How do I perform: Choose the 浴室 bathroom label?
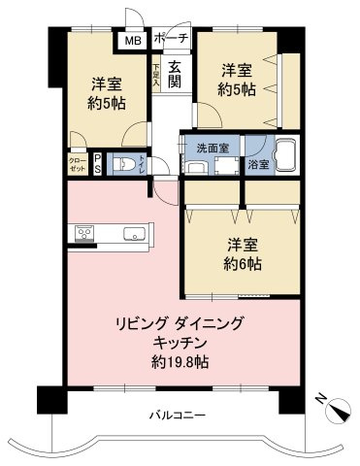point(257,165)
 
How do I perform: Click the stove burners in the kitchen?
point(83,233)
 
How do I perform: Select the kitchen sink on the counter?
point(133,233)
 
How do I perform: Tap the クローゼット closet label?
point(77,164)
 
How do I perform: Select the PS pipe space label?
point(97,163)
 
